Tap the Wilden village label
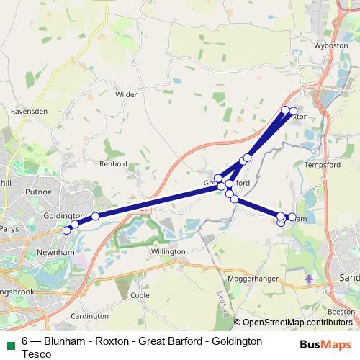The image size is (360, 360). [x=126, y=94]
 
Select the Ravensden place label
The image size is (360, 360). [x=29, y=112]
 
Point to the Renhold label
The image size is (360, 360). [x=112, y=164]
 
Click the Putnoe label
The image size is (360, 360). [x=38, y=193]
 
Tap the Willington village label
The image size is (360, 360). [x=168, y=251]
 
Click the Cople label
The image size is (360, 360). [x=140, y=295]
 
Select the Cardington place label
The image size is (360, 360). [x=90, y=316]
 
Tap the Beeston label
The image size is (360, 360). [x=341, y=311]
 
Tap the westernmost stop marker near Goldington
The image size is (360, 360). [x=66, y=230]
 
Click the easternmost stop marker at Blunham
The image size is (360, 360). [x=292, y=217]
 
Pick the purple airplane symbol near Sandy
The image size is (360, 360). [x=310, y=278]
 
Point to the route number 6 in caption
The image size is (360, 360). [x=25, y=341]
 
